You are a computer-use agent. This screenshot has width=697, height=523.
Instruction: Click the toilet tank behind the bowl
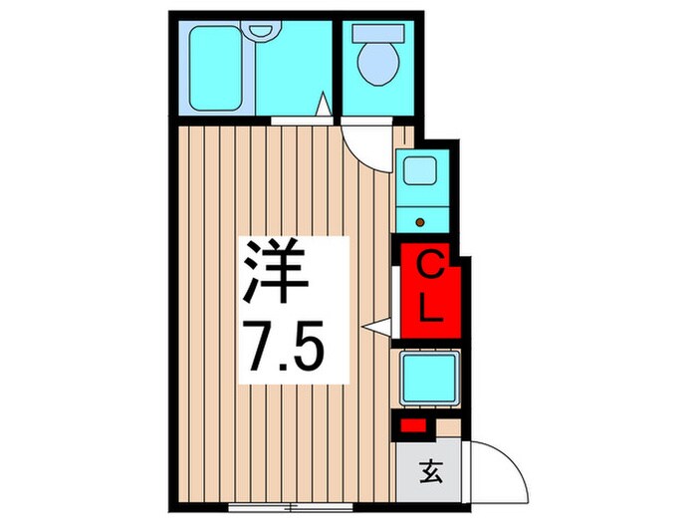click(x=377, y=33)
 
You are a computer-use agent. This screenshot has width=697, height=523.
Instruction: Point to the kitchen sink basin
click(x=419, y=170)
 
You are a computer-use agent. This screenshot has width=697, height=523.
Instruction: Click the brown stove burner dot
click(x=419, y=220)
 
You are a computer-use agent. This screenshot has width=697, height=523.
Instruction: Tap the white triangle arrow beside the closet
click(x=372, y=326)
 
